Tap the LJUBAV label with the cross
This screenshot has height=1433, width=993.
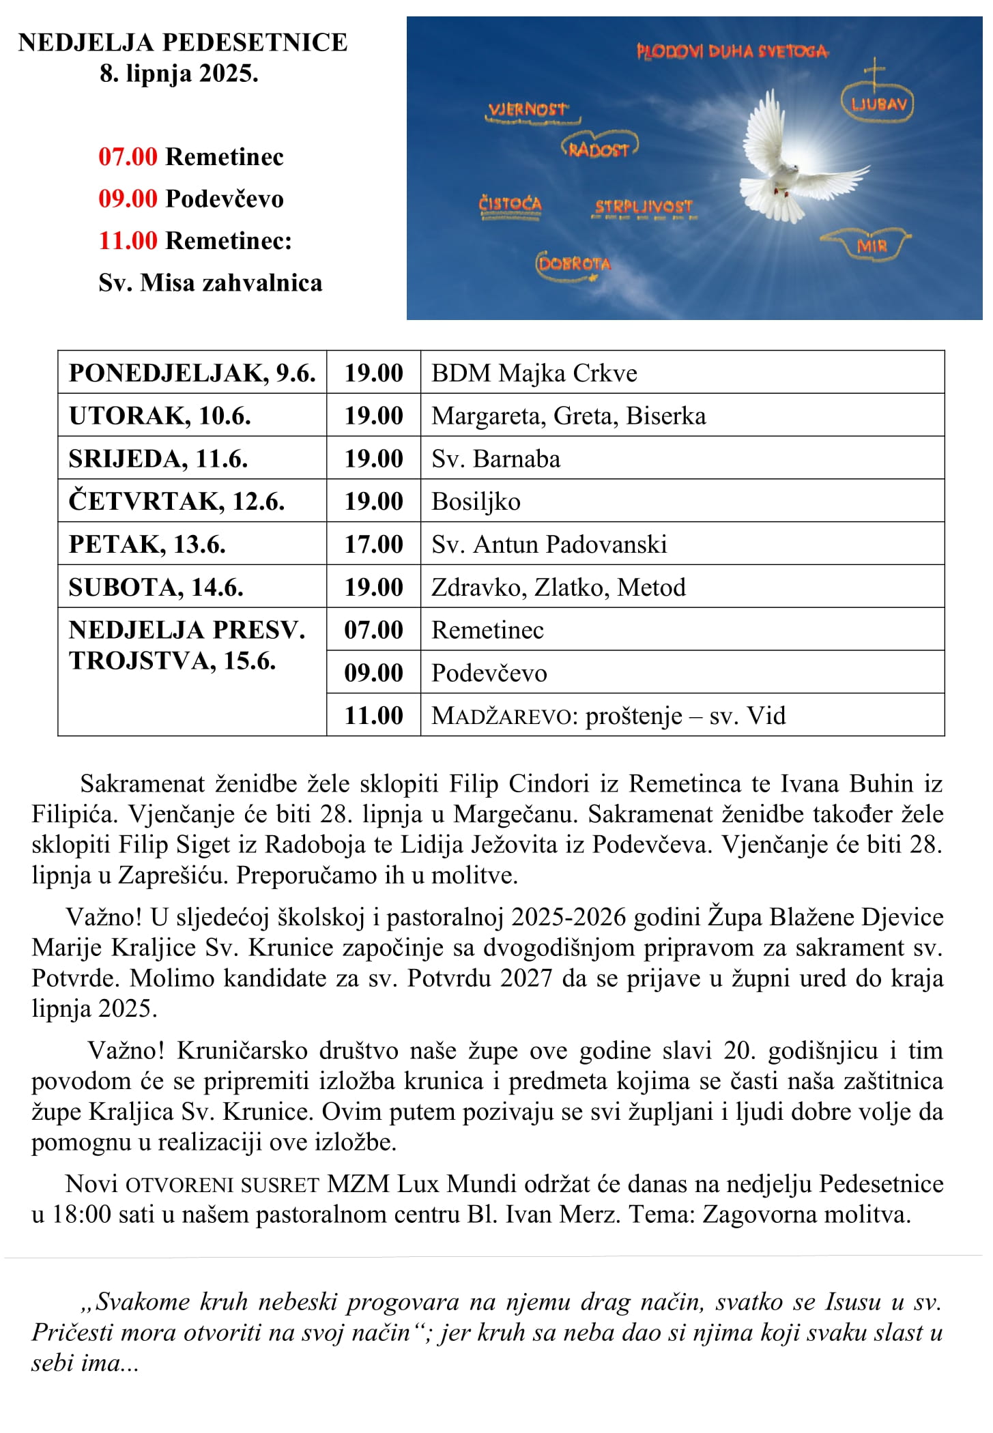tap(878, 104)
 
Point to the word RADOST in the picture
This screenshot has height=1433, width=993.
tap(599, 149)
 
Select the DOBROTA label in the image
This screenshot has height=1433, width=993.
tap(574, 264)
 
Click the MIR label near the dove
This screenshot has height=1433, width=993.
tap(872, 246)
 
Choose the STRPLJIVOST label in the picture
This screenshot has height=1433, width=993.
tap(644, 207)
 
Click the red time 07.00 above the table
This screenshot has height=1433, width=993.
tap(128, 157)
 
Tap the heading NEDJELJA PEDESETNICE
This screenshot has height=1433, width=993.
tap(182, 42)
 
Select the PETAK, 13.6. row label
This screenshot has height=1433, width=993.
tap(147, 544)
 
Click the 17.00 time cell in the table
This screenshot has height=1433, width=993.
tap(373, 544)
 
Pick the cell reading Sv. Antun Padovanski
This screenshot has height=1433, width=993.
tap(549, 544)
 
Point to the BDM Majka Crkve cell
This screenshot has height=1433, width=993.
tap(534, 373)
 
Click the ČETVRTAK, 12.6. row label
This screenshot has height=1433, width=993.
tap(176, 502)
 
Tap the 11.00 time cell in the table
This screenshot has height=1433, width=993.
tap(373, 715)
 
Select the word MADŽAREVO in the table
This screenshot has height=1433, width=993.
tap(502, 716)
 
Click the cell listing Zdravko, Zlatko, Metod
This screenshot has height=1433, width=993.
tap(558, 587)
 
